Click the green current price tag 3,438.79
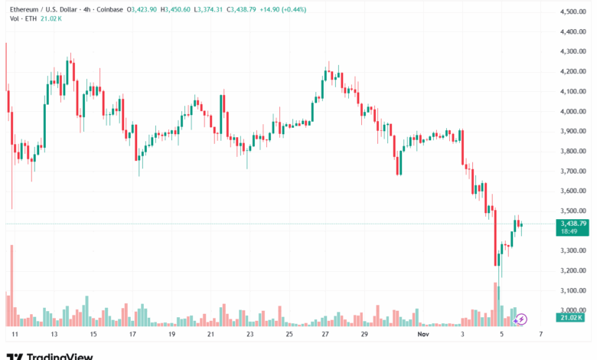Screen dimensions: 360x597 coord(573,224)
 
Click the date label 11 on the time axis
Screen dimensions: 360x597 coord(14,335)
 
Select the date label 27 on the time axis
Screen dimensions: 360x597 coord(325,335)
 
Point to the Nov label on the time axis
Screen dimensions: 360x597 coord(423,335)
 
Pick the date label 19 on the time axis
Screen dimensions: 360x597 coord(171,335)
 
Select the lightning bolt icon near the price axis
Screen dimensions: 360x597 coord(523,318)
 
